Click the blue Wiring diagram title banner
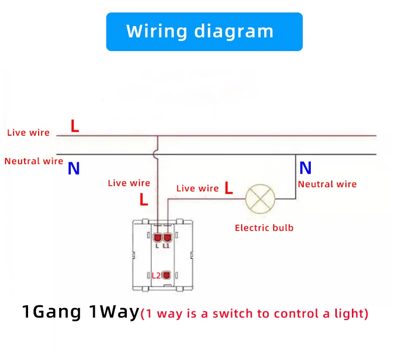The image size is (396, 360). click(205, 32)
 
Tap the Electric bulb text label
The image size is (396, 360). click(264, 228)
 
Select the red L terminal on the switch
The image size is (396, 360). click(158, 237)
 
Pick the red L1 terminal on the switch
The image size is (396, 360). click(167, 237)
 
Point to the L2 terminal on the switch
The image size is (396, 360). click(166, 275)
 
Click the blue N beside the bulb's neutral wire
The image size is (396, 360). click(305, 168)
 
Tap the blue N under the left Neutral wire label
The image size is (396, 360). click(74, 168)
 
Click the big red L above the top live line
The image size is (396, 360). click(75, 126)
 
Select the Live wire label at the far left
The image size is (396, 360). click(28, 133)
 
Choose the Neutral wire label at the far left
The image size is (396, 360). click(34, 161)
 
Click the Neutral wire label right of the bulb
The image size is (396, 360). click(327, 184)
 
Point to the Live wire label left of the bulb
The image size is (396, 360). click(197, 188)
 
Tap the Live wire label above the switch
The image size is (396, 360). click(129, 183)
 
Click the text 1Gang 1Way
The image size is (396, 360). click(81, 312)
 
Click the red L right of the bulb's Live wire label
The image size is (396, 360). click(229, 188)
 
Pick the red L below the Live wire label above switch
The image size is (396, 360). click(144, 199)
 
